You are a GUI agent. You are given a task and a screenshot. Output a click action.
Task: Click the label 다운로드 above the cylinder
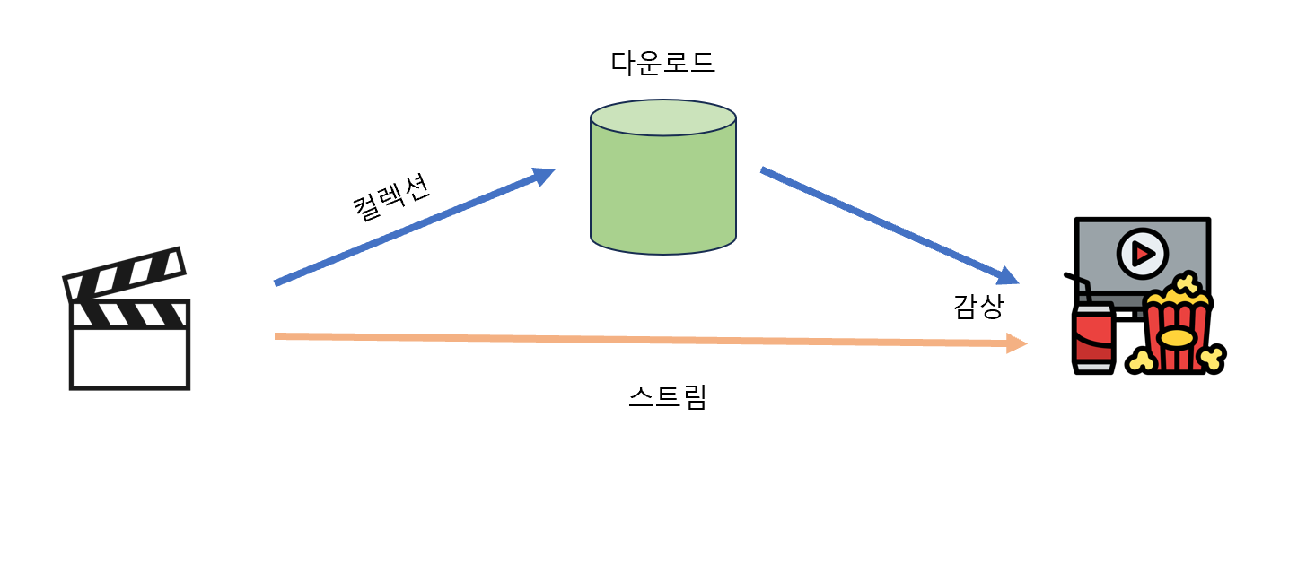tap(662, 63)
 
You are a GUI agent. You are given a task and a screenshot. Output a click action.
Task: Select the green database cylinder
tap(662, 188)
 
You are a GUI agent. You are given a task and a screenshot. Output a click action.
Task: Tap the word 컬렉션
tap(391, 196)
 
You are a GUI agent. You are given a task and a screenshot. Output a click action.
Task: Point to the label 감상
tap(977, 307)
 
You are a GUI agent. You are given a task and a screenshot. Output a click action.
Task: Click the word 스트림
tap(668, 396)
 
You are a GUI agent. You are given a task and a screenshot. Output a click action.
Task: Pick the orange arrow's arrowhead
tap(1017, 343)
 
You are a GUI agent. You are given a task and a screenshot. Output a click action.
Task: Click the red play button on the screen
tap(1143, 254)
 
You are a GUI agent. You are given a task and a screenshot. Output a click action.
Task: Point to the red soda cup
tap(1092, 339)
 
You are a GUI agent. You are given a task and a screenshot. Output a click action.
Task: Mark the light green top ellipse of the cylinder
tap(662, 117)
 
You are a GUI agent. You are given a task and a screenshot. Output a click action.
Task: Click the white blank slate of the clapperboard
tap(130, 359)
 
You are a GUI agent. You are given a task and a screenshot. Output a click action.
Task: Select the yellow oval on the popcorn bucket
tap(1176, 337)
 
